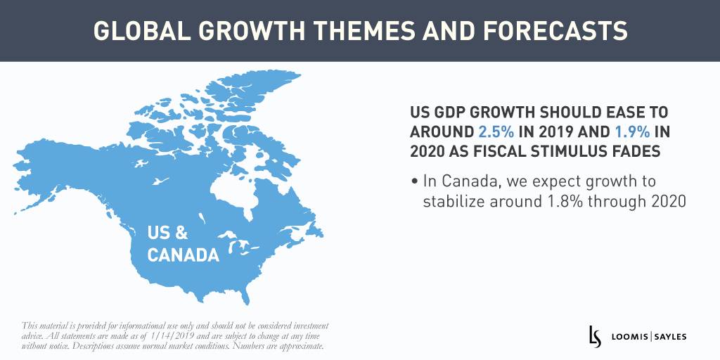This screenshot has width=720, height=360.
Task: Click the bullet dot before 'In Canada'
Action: (x=415, y=182)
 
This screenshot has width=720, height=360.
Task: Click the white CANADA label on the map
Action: (x=183, y=255)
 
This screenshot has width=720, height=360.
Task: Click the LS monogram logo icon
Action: (x=594, y=337)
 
